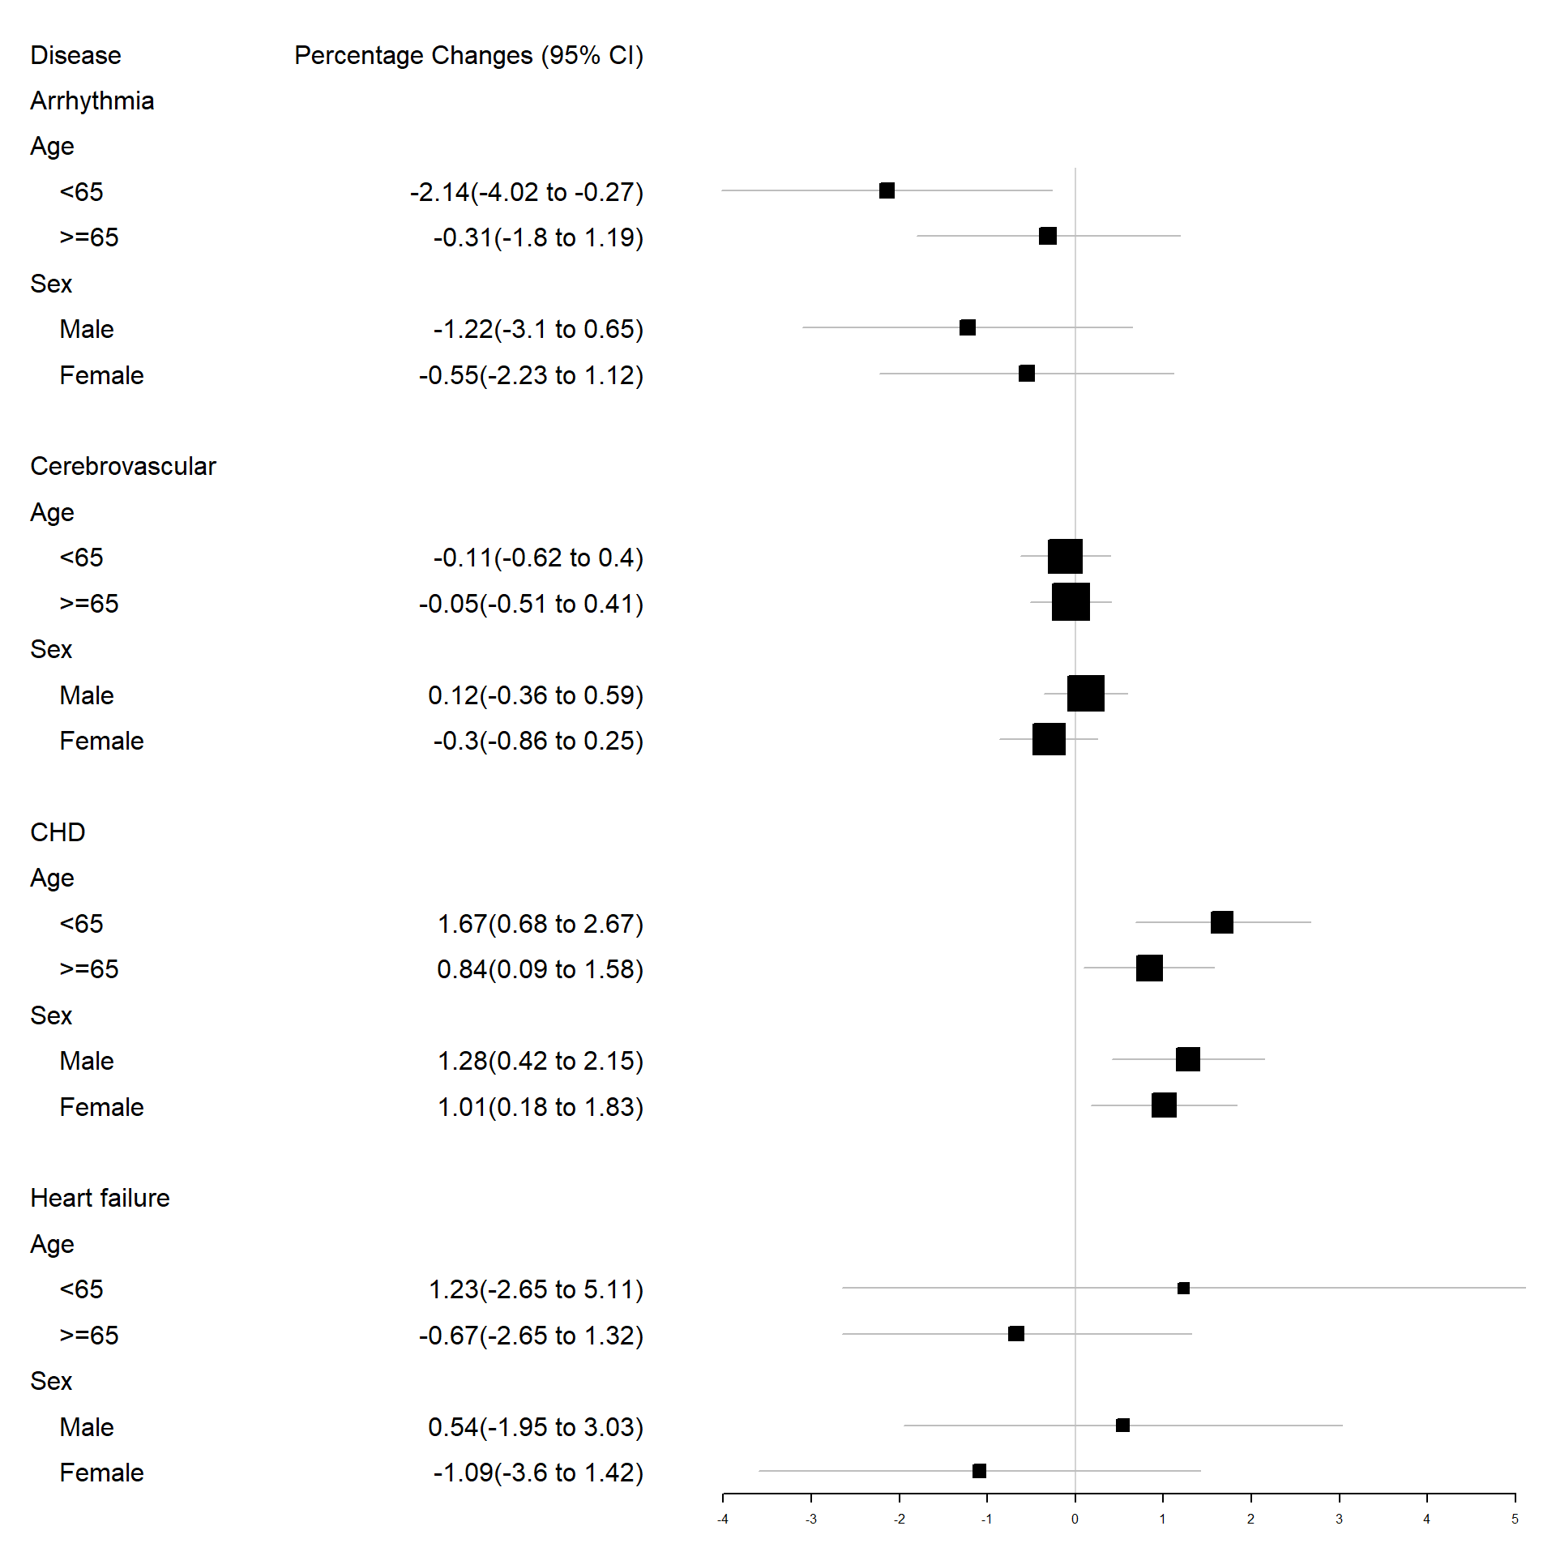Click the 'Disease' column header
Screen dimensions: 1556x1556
point(75,55)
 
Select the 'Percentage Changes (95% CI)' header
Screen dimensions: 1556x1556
point(468,55)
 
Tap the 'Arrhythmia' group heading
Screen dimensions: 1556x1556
point(92,100)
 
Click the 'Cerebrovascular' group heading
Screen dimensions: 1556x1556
point(123,466)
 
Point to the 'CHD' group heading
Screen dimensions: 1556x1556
point(58,832)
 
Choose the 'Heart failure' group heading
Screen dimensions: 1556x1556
point(100,1198)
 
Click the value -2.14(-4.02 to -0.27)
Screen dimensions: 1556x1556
point(526,192)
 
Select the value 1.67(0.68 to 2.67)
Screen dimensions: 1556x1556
point(540,924)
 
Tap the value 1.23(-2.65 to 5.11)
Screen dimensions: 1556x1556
point(536,1289)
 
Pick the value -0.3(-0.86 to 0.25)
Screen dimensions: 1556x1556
point(537,741)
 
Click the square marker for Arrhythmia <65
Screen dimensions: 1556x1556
point(887,190)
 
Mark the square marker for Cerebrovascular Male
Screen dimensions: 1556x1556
point(1085,694)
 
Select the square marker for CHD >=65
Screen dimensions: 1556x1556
point(1149,968)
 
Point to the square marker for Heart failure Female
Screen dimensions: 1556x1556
point(979,1471)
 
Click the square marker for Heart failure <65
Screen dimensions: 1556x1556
point(1183,1288)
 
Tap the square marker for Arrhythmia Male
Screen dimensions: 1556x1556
point(968,327)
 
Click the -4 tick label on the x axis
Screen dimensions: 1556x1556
point(723,1520)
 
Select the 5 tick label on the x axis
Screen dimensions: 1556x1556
point(1515,1520)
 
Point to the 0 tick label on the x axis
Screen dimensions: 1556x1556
point(1075,1520)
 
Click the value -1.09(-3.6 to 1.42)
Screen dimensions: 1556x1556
point(537,1473)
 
